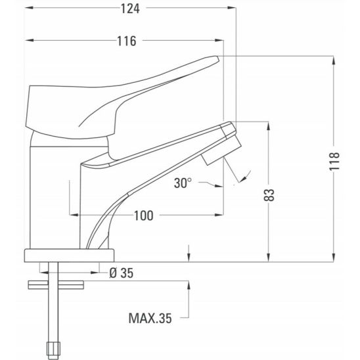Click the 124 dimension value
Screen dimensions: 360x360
tap(130, 9)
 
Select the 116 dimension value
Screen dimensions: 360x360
tap(127, 41)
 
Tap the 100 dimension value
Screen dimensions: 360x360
tap(143, 216)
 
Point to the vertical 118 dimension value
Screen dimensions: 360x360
tap(334, 161)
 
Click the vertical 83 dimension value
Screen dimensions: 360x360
tap(269, 195)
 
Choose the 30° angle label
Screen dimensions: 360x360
tap(183, 183)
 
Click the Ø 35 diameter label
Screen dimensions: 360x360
tap(122, 273)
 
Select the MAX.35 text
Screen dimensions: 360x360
tap(150, 318)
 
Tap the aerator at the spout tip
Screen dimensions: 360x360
tap(221, 150)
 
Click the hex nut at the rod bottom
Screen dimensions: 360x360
tap(53, 351)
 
